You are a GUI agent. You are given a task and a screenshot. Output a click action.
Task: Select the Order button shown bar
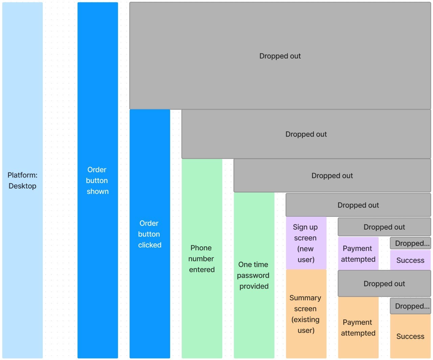tap(97, 180)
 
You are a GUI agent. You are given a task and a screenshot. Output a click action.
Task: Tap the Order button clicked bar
tap(150, 234)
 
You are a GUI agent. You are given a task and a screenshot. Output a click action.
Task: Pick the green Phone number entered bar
tap(202, 258)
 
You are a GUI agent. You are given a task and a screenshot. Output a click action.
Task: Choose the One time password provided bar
tap(254, 275)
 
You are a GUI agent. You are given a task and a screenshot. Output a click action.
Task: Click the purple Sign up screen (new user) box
tap(306, 243)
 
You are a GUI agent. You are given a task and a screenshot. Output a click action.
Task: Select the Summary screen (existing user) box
tap(306, 314)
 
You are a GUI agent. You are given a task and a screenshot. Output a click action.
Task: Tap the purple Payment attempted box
tap(358, 254)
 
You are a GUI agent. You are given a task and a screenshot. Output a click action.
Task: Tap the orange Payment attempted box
tap(358, 327)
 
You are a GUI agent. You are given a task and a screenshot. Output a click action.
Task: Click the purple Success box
tap(410, 260)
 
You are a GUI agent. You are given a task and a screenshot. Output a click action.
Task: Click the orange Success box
tap(410, 336)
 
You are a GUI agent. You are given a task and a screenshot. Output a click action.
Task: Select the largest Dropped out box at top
tap(280, 56)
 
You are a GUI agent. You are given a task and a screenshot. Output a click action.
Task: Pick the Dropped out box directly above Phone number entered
tap(306, 134)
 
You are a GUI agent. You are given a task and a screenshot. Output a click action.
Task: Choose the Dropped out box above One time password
tap(332, 175)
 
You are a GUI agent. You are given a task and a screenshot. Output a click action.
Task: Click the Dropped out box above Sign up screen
tap(358, 205)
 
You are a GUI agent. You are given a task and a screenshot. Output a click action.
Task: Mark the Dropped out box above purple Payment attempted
tap(384, 227)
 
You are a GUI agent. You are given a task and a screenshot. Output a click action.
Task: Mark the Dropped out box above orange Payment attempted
tap(384, 283)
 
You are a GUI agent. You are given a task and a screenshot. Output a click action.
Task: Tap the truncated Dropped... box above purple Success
tap(410, 243)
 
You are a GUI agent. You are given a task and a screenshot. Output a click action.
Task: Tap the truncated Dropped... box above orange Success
tap(410, 306)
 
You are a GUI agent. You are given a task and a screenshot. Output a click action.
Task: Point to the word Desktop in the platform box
tap(22, 186)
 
